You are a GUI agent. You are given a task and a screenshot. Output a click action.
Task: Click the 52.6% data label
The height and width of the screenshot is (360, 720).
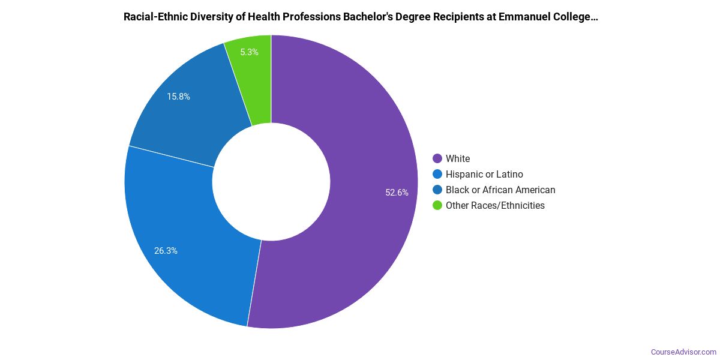pyautogui.click(x=397, y=193)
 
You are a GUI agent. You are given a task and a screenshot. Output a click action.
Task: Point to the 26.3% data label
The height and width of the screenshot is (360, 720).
pyautogui.click(x=166, y=251)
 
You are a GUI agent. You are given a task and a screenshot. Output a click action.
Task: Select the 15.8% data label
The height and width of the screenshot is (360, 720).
pyautogui.click(x=178, y=96)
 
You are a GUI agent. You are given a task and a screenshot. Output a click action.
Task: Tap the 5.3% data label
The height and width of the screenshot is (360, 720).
pyautogui.click(x=249, y=52)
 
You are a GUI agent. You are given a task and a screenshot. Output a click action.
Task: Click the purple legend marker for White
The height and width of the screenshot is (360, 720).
pyautogui.click(x=437, y=158)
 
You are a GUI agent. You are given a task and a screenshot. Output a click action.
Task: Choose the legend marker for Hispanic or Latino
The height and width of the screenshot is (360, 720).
pyautogui.click(x=437, y=174)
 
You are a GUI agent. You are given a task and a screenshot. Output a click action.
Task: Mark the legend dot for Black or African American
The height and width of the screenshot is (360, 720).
pyautogui.click(x=437, y=190)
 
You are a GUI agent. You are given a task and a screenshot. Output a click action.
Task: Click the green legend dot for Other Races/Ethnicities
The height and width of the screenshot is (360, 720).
pyautogui.click(x=437, y=205)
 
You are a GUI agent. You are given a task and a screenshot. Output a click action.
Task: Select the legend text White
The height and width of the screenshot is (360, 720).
pyautogui.click(x=458, y=158)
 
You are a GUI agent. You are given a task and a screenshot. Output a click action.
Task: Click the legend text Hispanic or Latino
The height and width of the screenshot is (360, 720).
pyautogui.click(x=484, y=174)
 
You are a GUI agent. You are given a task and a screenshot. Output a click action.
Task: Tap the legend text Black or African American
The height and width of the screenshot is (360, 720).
pyautogui.click(x=500, y=190)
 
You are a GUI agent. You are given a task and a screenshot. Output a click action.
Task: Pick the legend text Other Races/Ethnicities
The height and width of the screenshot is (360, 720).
pyautogui.click(x=495, y=205)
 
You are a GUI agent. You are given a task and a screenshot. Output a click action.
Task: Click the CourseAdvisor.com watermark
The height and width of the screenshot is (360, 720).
pyautogui.click(x=683, y=352)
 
